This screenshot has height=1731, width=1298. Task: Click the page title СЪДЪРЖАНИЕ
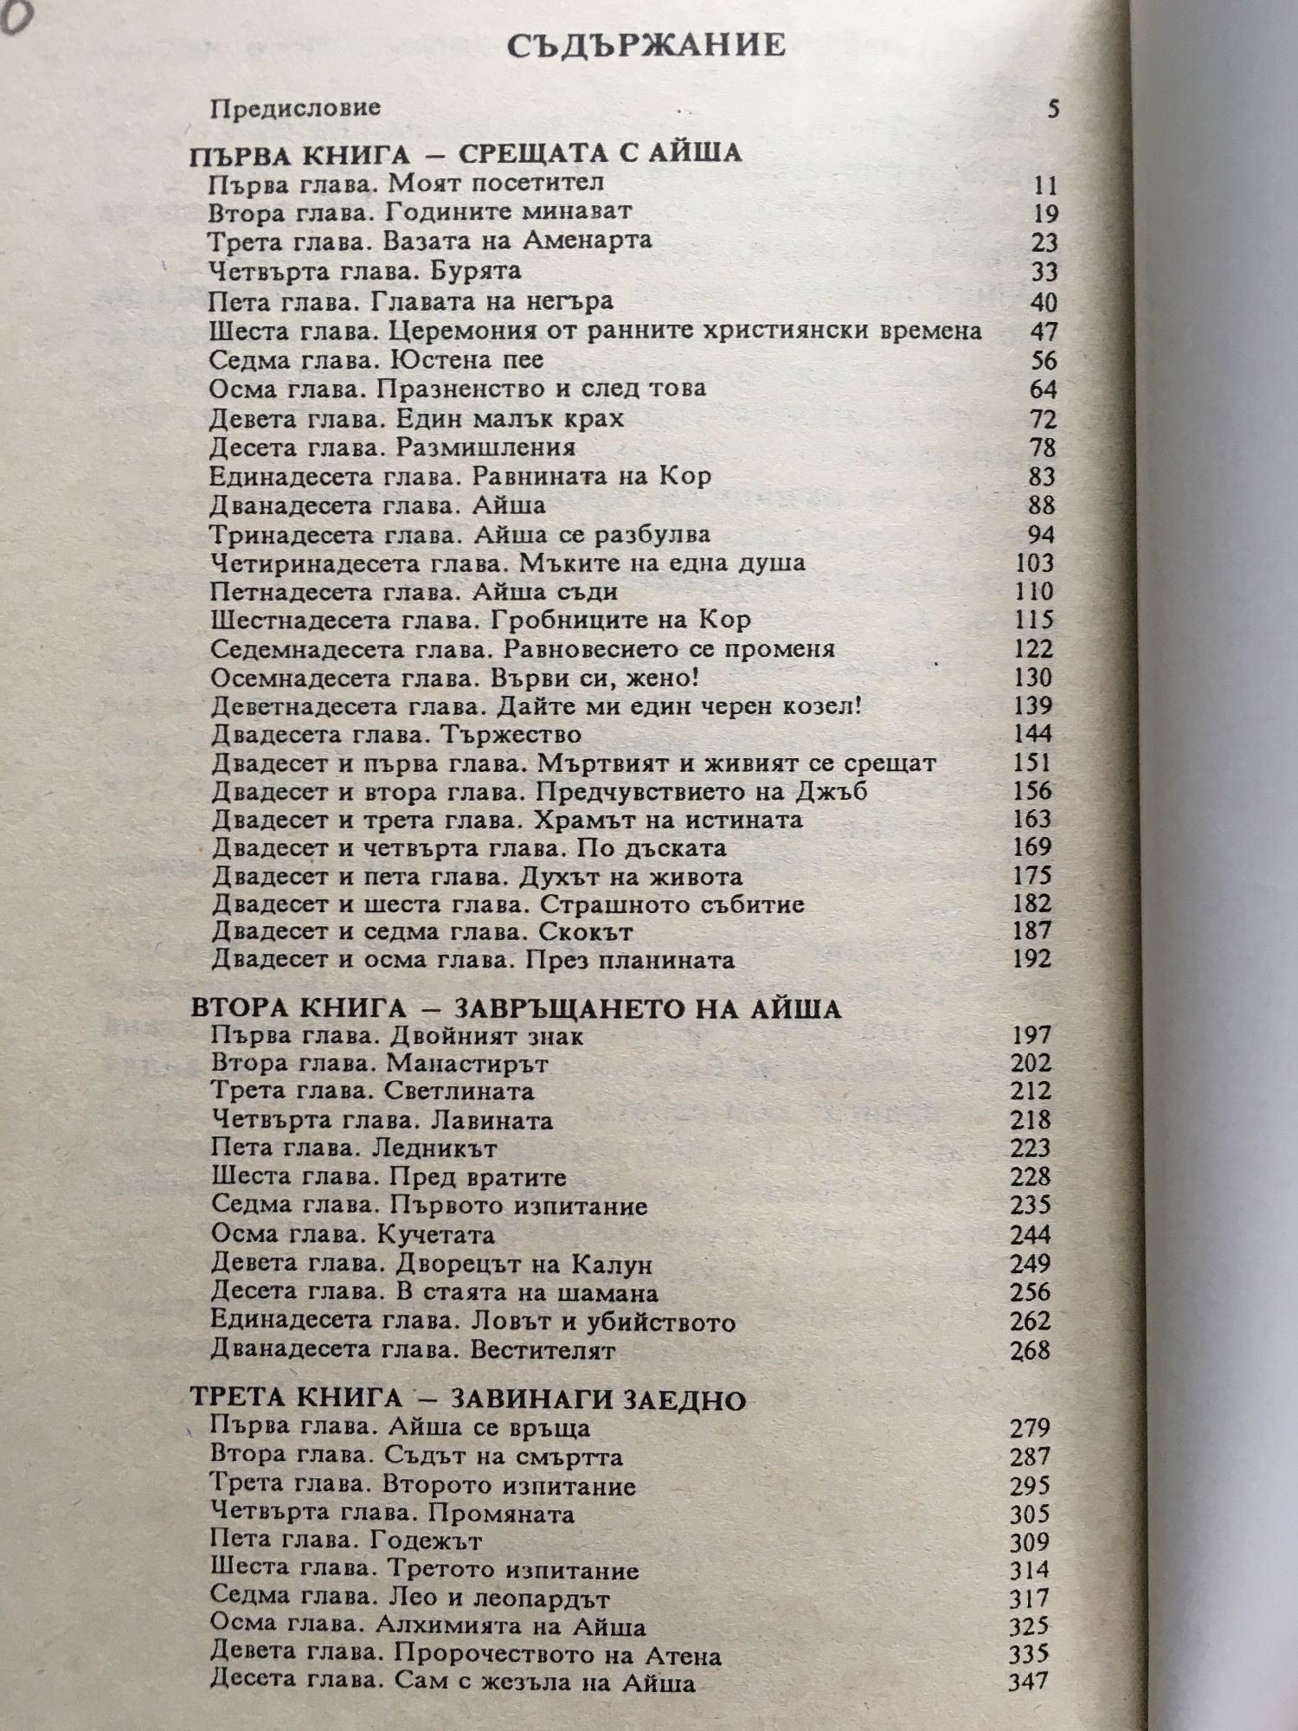click(647, 45)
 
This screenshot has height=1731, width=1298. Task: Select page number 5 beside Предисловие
click(1053, 110)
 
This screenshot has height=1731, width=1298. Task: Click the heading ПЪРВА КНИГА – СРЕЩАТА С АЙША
click(466, 153)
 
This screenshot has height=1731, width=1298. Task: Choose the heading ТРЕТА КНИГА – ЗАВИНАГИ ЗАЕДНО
click(467, 1400)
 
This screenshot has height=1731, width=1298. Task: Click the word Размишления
click(486, 447)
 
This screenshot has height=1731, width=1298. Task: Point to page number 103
click(1034, 563)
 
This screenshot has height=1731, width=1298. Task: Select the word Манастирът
click(468, 1063)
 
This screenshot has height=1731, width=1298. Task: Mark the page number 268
click(1030, 1350)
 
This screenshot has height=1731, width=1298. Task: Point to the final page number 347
click(1029, 1682)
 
